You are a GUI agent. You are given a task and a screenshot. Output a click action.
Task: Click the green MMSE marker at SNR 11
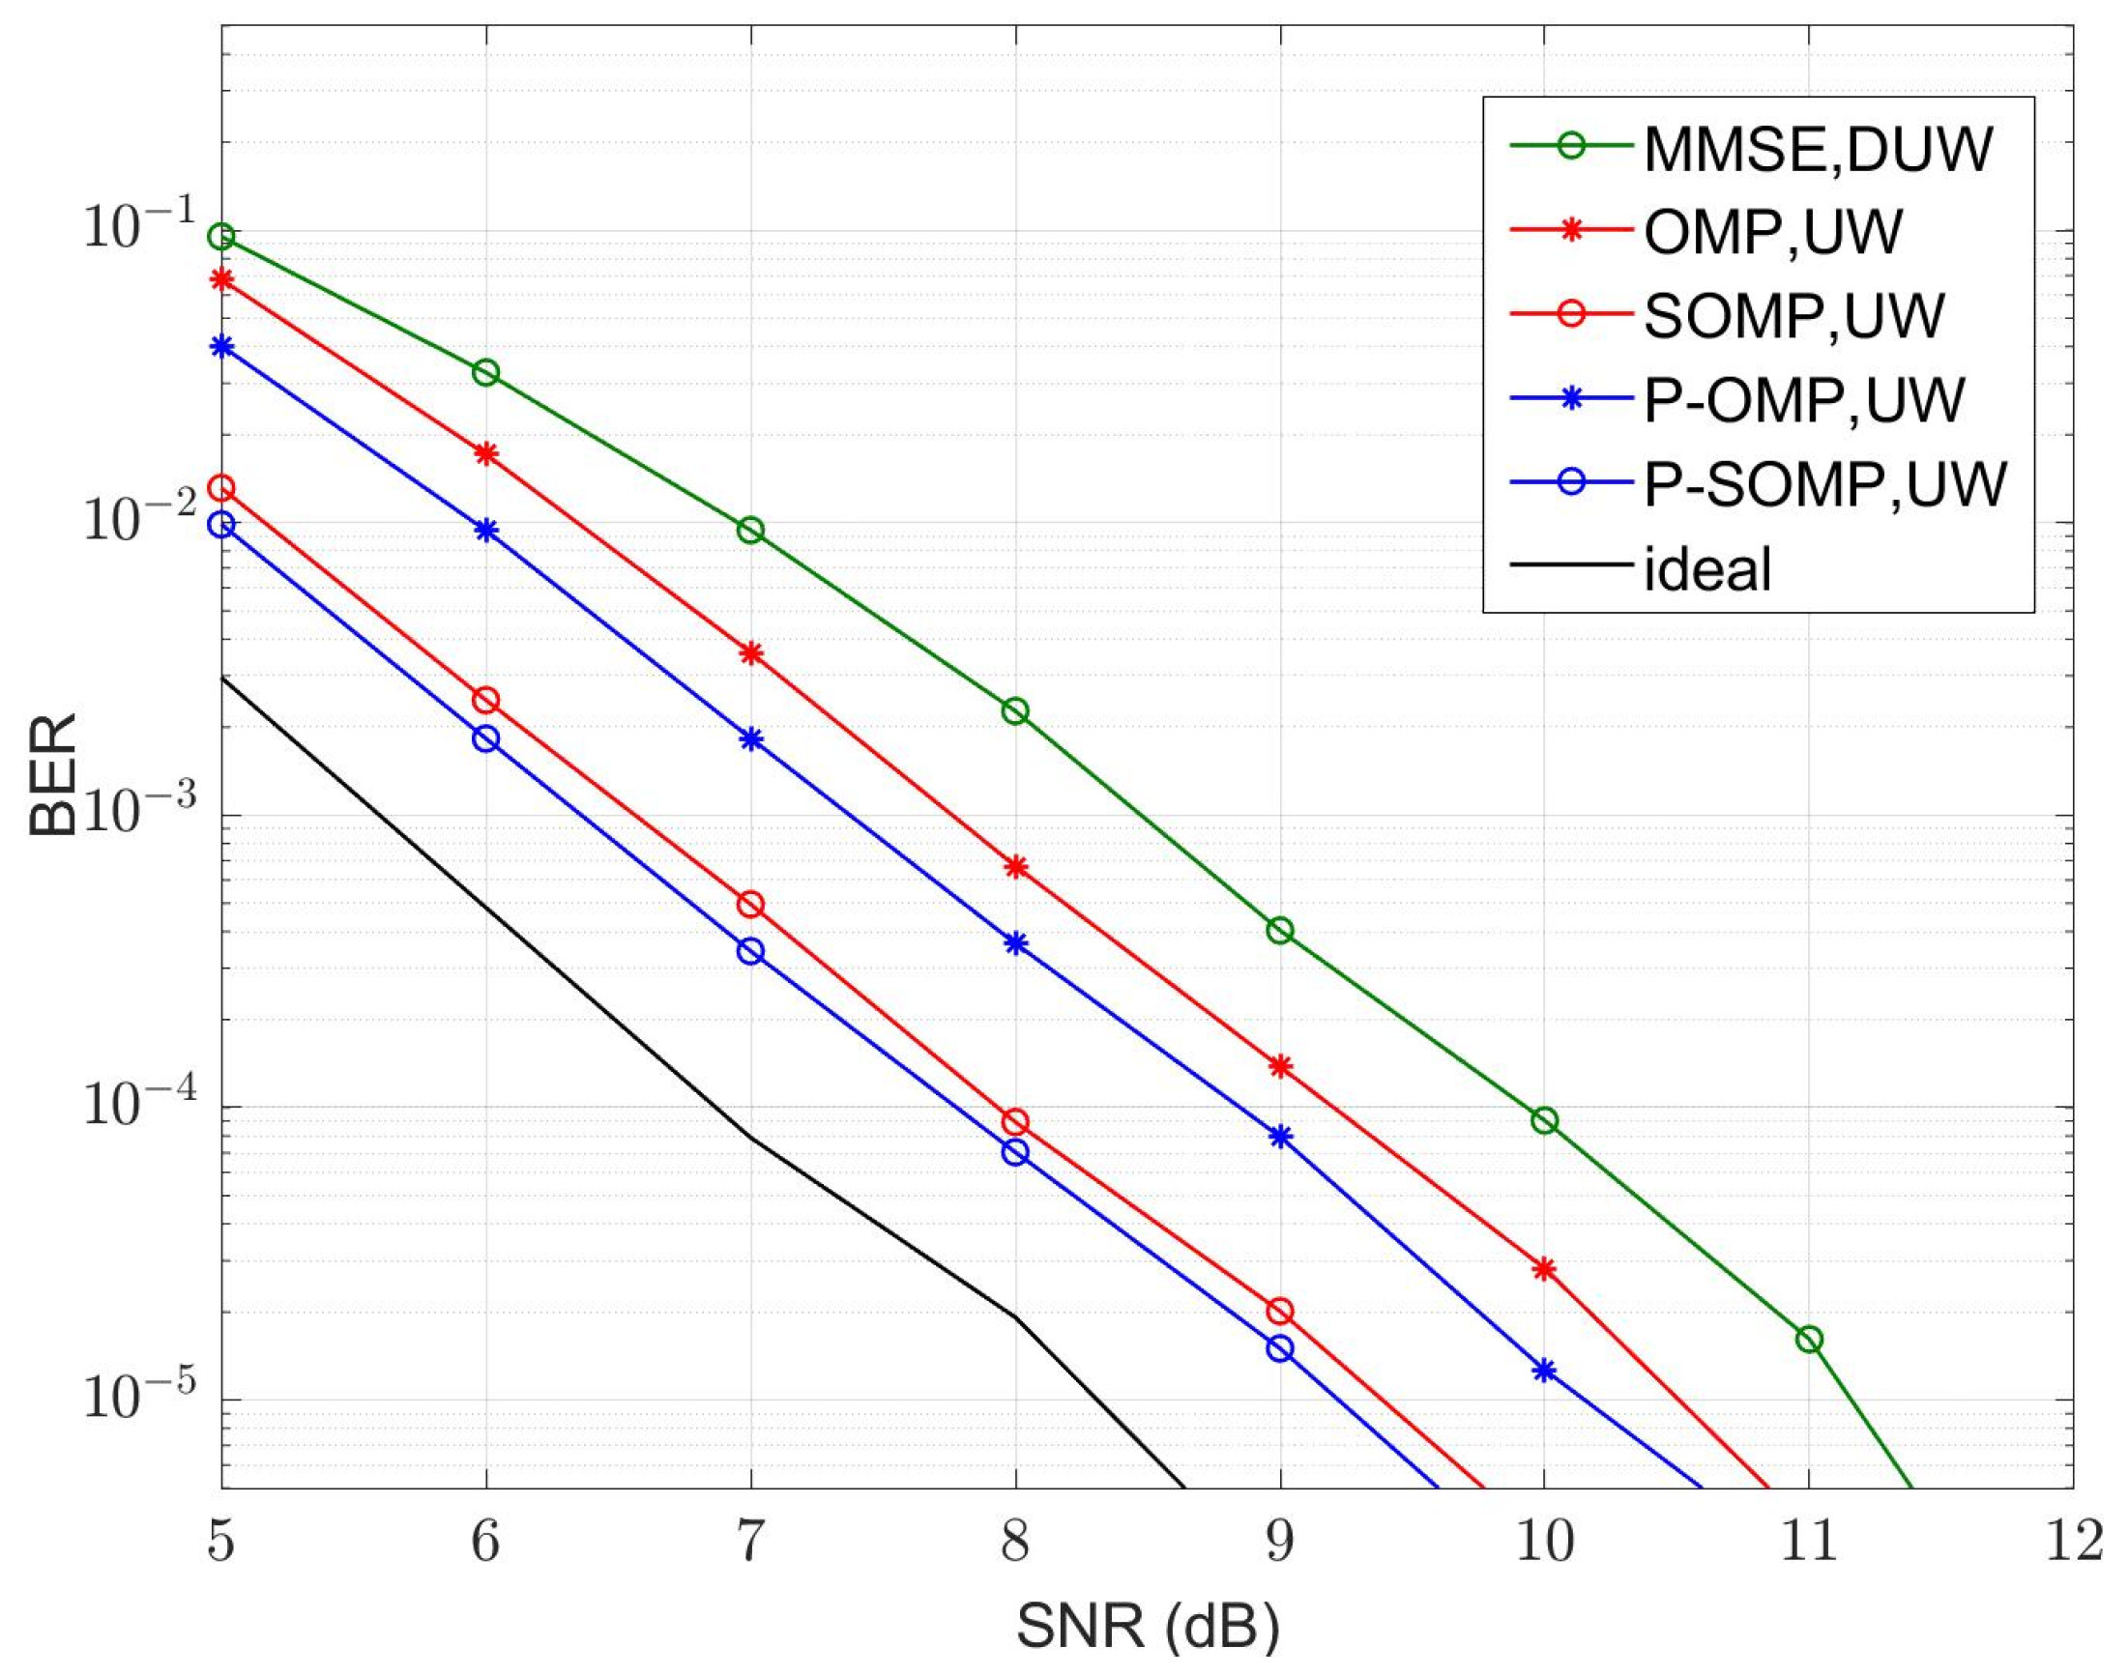pyautogui.click(x=1809, y=1339)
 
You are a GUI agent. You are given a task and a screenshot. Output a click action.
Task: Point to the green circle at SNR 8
pyautogui.click(x=1016, y=710)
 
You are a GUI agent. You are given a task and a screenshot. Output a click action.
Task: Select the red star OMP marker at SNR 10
pyautogui.click(x=1544, y=1269)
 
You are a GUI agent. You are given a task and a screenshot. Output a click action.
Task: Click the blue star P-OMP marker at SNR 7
pyautogui.click(x=751, y=738)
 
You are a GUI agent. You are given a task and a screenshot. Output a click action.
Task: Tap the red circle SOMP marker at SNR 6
pyautogui.click(x=486, y=700)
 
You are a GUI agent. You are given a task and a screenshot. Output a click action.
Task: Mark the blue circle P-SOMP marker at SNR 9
pyautogui.click(x=1280, y=1348)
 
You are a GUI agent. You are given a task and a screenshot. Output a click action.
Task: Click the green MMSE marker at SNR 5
pyautogui.click(x=221, y=237)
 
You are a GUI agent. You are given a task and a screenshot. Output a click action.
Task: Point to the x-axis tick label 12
pyautogui.click(x=2072, y=1542)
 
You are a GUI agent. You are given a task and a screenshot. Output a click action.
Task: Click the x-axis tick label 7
pyautogui.click(x=751, y=1542)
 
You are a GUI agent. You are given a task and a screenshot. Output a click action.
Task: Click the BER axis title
pyautogui.click(x=53, y=775)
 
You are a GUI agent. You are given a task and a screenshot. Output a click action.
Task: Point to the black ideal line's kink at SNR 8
pyautogui.click(x=1016, y=1316)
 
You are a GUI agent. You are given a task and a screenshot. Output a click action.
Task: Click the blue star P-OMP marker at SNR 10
pyautogui.click(x=1544, y=1370)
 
